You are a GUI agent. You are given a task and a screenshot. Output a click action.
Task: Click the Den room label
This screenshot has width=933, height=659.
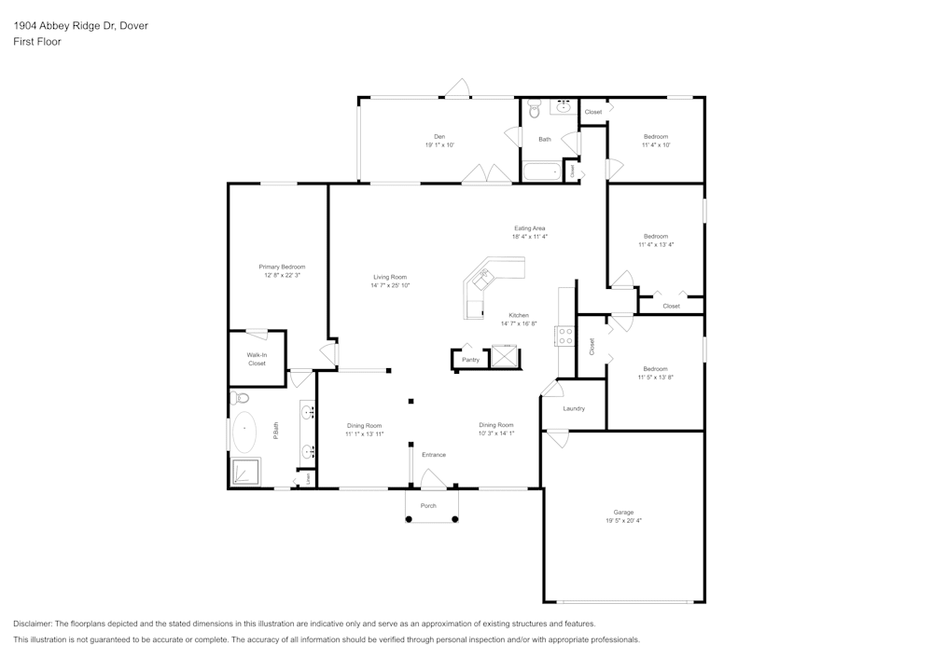pyautogui.click(x=439, y=137)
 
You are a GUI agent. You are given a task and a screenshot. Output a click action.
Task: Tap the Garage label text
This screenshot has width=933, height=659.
pyautogui.click(x=623, y=513)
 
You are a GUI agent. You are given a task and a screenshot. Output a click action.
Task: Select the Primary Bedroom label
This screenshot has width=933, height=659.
pyautogui.click(x=282, y=268)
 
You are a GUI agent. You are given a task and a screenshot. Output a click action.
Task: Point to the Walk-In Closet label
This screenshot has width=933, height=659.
pyautogui.click(x=257, y=359)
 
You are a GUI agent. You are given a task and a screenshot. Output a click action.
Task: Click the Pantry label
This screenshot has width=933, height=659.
pyautogui.click(x=470, y=360)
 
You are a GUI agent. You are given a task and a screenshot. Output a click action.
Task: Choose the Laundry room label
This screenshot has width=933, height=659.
pyautogui.click(x=574, y=408)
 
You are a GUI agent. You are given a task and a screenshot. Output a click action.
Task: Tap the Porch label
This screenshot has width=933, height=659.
pyautogui.click(x=428, y=506)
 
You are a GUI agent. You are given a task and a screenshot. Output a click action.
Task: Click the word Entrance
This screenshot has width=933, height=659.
pyautogui.click(x=433, y=455)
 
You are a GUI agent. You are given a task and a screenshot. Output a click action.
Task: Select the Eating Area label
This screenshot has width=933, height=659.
pyautogui.click(x=529, y=228)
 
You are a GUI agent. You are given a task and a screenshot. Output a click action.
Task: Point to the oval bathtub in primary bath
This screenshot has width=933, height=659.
pyautogui.click(x=244, y=432)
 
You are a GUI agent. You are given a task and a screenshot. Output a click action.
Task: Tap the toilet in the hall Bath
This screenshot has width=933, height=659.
pyautogui.click(x=534, y=111)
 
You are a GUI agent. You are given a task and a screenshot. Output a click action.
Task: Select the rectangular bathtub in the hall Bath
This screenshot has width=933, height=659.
pyautogui.click(x=541, y=172)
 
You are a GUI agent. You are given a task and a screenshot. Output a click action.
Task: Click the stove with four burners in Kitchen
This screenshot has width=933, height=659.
pyautogui.click(x=564, y=336)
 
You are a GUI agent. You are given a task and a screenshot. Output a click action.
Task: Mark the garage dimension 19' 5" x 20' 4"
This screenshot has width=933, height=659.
pyautogui.click(x=623, y=521)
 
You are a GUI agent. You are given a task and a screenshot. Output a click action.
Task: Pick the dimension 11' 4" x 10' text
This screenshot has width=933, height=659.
pyautogui.click(x=655, y=145)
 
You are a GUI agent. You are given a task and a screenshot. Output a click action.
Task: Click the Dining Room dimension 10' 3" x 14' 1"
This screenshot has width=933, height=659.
pyautogui.click(x=496, y=433)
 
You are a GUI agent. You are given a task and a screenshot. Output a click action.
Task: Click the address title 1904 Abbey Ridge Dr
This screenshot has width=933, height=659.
pyautogui.click(x=80, y=26)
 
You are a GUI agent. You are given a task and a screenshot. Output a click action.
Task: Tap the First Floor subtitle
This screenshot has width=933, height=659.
pyautogui.click(x=37, y=42)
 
